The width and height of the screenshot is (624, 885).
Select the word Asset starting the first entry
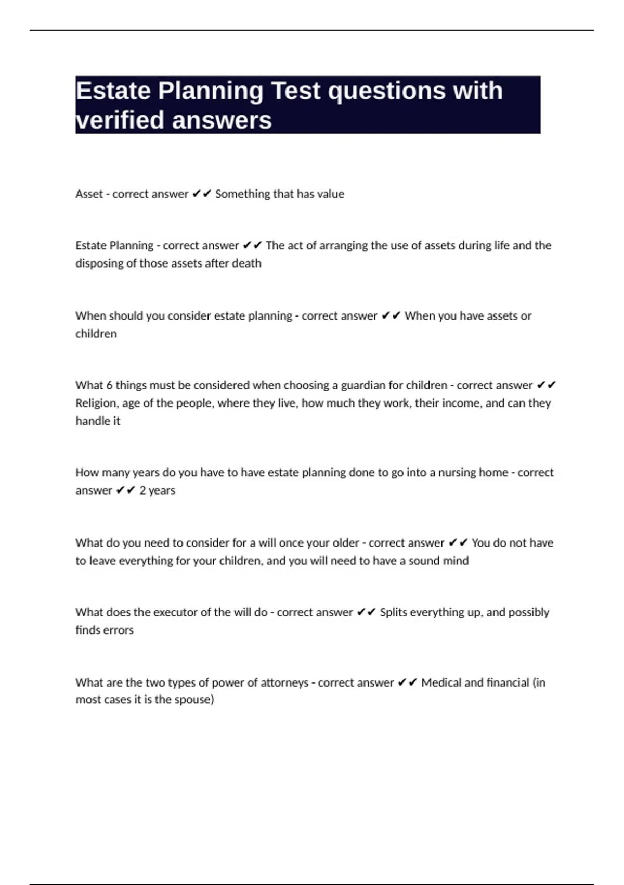[89, 194]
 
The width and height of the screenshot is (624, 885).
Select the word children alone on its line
[96, 334]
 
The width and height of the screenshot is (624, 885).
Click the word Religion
[97, 403]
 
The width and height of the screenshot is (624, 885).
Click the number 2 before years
[142, 490]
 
